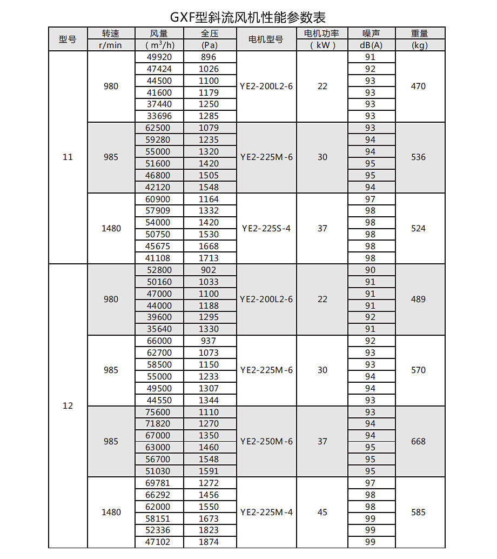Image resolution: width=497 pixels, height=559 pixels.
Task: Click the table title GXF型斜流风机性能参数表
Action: pos(249,17)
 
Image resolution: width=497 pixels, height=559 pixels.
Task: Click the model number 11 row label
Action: pos(68,157)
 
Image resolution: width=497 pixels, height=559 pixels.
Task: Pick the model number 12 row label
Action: pos(68,405)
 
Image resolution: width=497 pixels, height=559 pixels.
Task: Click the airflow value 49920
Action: pos(159,57)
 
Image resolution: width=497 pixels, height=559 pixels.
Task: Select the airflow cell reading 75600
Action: pos(159,412)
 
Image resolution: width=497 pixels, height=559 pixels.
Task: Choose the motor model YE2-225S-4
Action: pos(266,228)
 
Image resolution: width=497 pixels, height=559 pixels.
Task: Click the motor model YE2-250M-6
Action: pos(266,441)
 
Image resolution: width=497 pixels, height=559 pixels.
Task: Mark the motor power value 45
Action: pos(322,512)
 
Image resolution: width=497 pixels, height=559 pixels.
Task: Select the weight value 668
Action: pos(418,441)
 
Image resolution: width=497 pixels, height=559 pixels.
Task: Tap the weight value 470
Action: pos(418,86)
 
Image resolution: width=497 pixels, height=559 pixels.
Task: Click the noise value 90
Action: pos(370,270)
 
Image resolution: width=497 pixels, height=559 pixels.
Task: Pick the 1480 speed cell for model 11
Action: pos(111,228)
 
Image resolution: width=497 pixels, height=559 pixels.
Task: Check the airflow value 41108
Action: pos(159,258)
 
